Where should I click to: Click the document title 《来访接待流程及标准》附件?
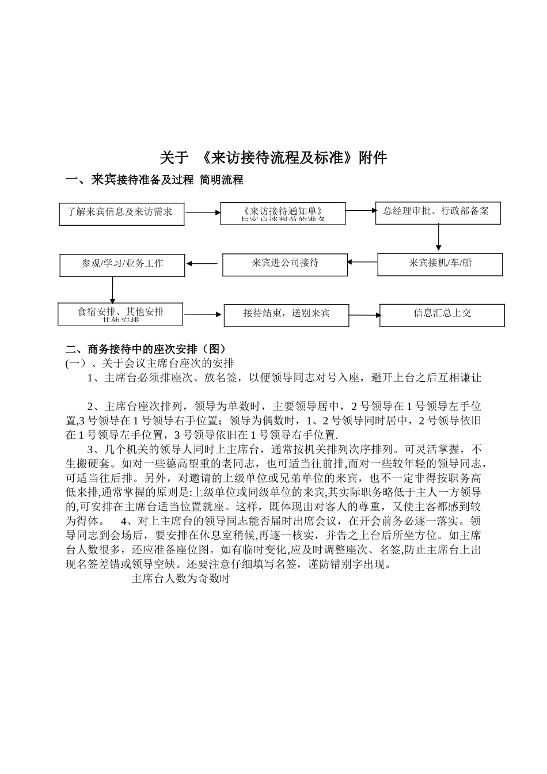click(273, 158)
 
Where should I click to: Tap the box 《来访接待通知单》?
click(283, 213)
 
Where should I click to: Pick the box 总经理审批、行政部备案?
click(438, 212)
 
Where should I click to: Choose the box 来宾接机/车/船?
click(440, 264)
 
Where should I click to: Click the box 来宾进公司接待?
click(285, 264)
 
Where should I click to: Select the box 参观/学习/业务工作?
click(122, 265)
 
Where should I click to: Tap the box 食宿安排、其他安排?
click(121, 313)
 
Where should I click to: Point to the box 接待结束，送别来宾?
click(286, 314)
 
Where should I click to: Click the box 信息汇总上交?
click(442, 314)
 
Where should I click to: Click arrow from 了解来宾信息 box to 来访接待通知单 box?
click(202, 213)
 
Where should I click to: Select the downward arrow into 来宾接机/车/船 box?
click(439, 237)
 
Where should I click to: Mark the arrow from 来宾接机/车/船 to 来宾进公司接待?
click(363, 262)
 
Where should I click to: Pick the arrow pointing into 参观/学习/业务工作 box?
click(202, 264)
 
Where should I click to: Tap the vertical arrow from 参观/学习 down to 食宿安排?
click(112, 290)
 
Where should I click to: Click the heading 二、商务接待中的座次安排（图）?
click(146, 349)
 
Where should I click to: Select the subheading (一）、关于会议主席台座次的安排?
click(150, 363)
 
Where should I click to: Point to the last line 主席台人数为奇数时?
click(181, 579)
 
